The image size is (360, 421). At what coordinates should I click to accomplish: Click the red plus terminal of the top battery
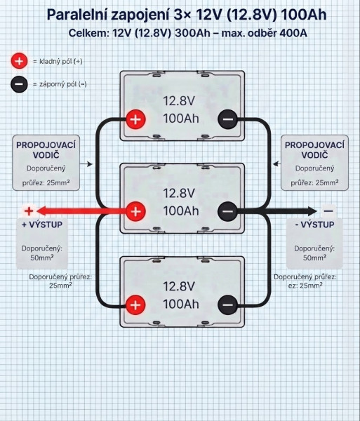pos(136,119)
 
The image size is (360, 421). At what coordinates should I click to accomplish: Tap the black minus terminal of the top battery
pos(228,119)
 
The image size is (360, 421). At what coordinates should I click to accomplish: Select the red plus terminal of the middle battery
pos(136,211)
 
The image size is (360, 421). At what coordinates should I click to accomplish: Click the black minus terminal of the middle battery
pos(227,211)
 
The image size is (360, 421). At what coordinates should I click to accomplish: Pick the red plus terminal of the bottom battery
pos(135,305)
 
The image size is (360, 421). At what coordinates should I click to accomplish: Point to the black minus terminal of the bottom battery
pos(228,305)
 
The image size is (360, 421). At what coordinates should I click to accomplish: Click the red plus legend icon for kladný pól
pos(19,61)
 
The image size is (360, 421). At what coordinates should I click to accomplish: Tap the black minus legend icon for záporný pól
pos(19,84)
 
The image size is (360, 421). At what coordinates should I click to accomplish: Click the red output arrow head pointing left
pos(41,211)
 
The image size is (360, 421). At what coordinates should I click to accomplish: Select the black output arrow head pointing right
pos(312,211)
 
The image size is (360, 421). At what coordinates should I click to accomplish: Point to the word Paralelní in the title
pos(77,15)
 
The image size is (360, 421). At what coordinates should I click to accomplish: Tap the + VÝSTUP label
pos(42,225)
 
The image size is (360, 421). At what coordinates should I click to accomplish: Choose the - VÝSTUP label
pos(314,225)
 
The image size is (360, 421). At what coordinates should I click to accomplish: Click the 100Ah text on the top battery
pos(181,119)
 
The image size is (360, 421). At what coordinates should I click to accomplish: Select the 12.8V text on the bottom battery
pos(179,286)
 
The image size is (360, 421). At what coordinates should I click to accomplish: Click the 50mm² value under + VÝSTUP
pos(42,258)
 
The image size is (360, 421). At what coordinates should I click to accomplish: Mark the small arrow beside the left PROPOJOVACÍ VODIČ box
pos(86,163)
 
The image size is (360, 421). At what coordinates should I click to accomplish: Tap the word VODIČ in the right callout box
pos(314,155)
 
